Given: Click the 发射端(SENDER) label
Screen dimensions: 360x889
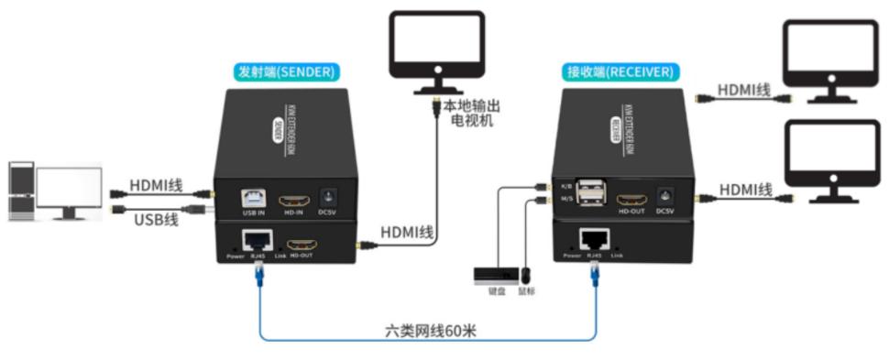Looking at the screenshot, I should click(287, 71).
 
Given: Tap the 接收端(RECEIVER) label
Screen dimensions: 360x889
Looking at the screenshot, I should click(620, 71).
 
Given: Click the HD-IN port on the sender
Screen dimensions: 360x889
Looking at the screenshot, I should click(293, 199).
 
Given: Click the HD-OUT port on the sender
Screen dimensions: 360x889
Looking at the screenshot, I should click(302, 245).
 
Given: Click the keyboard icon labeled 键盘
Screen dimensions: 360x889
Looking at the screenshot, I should click(495, 274).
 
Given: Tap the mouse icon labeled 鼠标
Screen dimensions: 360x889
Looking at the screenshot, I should click(526, 274).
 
